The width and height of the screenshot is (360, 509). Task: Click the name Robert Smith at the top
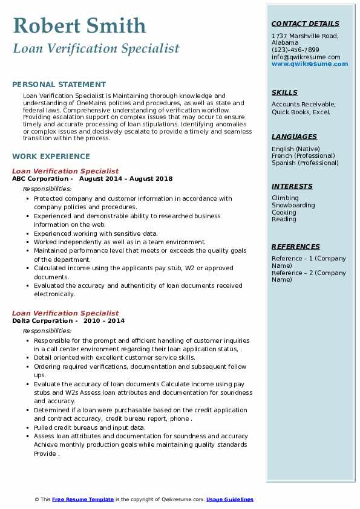pos(79,25)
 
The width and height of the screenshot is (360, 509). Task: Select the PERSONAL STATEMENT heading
pos(59,85)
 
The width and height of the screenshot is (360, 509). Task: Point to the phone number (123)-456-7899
pos(295,50)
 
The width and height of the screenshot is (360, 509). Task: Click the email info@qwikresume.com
pos(306,57)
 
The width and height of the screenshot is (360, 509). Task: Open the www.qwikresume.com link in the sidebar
pos(306,63)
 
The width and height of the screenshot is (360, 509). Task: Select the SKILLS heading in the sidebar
pos(284,92)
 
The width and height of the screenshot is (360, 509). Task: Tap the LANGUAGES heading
pos(294,137)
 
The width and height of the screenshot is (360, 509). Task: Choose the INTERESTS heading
pos(292,186)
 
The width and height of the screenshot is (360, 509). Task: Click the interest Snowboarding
pos(293,205)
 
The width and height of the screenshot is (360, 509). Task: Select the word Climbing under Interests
pos(285,198)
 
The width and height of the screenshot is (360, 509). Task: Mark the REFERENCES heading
pos(296,247)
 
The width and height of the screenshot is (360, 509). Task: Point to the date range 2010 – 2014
pos(104,321)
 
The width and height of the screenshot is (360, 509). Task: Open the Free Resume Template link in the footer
pos(83,499)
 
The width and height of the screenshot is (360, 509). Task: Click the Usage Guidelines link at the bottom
pos(229,499)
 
